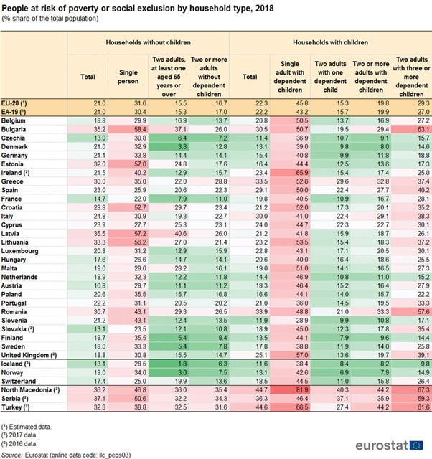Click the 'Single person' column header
pyautogui.click(x=128, y=77)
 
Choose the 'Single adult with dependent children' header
pyautogui.click(x=289, y=77)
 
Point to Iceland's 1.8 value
pyautogui.click(x=172, y=364)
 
